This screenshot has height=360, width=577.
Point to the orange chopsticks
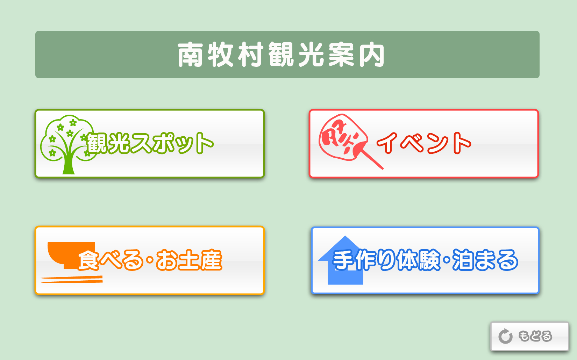[x=72, y=279]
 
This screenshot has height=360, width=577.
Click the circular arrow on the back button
[x=505, y=336]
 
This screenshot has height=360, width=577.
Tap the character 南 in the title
[x=190, y=55]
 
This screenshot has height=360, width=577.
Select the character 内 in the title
[x=372, y=55]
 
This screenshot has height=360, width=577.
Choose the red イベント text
[x=424, y=143]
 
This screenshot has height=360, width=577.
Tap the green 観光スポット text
[x=149, y=143]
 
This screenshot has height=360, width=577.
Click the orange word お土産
[x=189, y=260]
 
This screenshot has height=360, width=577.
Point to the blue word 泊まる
[x=485, y=260]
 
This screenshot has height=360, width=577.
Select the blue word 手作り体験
[x=386, y=260]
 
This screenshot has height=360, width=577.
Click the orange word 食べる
[x=110, y=260]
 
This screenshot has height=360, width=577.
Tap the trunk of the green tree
[x=69, y=162]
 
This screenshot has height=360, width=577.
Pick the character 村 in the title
[x=251, y=55]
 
